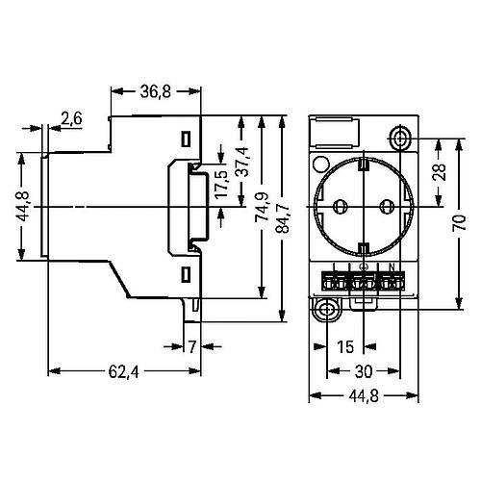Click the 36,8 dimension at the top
click(x=156, y=91)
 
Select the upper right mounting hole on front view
click(x=400, y=135)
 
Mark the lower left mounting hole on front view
click(x=327, y=310)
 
